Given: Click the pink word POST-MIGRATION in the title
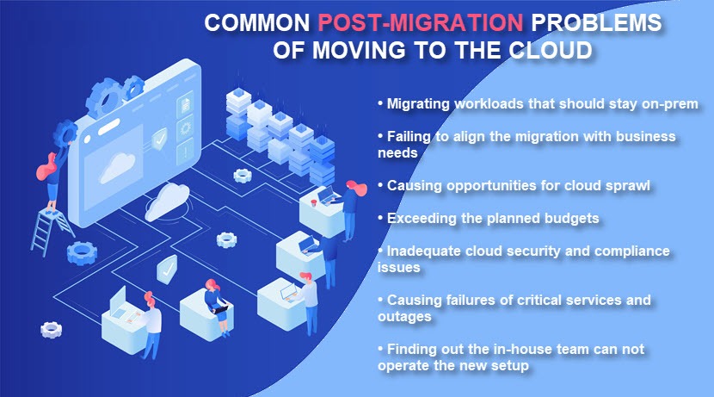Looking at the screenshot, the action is (x=421, y=22).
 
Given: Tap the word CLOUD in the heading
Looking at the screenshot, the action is (x=550, y=50).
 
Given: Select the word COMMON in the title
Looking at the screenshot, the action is (x=257, y=22).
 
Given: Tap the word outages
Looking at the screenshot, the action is (x=404, y=317).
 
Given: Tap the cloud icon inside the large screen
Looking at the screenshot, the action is (x=118, y=167).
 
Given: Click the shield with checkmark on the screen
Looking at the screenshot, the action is (x=159, y=139).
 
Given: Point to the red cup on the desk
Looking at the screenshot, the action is (x=313, y=202).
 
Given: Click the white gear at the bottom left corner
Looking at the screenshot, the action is (x=51, y=329).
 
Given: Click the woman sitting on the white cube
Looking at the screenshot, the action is (x=215, y=307).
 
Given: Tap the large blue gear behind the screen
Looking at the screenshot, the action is (x=105, y=97).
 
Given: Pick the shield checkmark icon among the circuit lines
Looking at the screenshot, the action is (x=167, y=269).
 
